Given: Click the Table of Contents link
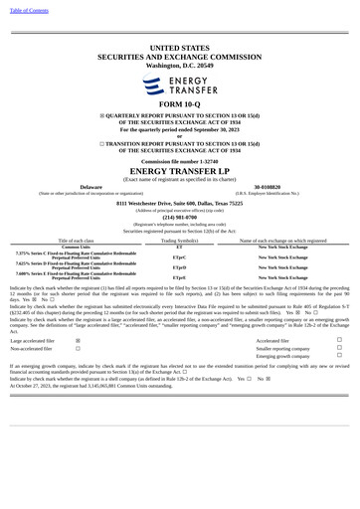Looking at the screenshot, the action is pos(29,10).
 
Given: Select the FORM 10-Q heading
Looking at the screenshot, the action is pos(179,104).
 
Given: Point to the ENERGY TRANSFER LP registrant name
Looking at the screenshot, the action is pos(179,171).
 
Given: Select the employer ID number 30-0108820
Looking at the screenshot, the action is pos(267,186).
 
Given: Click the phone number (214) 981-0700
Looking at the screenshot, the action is pos(179,217).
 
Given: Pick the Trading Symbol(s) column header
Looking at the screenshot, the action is pos(179,241).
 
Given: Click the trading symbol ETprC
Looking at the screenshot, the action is pos(179,256).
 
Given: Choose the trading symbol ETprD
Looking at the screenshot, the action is pos(179,267).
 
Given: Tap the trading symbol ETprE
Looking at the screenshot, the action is pos(179,278).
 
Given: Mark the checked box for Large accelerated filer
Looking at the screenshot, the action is pos(79,340).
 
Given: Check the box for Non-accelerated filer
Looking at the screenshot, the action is pos(79,349).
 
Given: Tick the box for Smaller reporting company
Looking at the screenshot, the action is pos(339,349).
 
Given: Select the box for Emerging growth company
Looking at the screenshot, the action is pos(339,356).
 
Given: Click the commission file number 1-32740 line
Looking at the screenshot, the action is pos(179,160).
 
